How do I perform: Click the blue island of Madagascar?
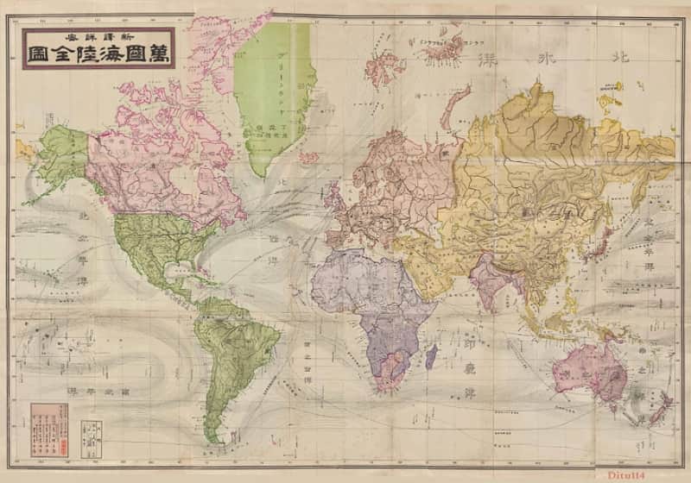(x=430, y=355)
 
